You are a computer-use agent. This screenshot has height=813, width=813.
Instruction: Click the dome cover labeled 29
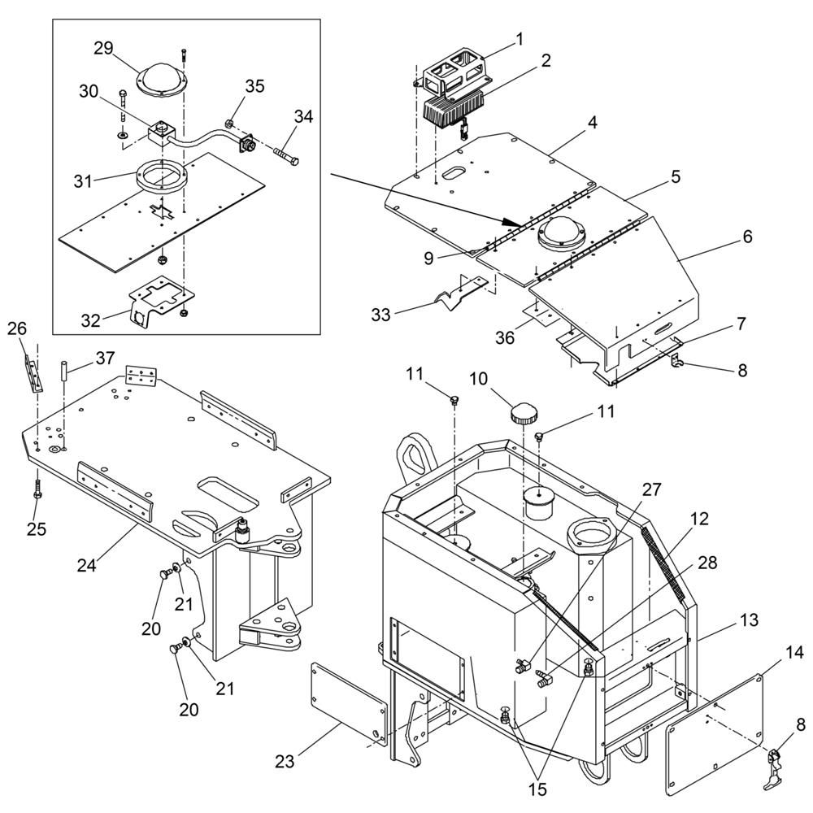161,79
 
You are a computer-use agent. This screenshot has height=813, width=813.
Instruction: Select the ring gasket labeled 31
161,177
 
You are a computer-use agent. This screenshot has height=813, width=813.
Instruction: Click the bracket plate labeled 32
161,300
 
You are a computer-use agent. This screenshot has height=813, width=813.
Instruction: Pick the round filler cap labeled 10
524,415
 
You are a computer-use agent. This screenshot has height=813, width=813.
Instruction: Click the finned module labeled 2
454,109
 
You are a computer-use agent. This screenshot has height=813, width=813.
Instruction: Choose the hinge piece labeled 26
34,374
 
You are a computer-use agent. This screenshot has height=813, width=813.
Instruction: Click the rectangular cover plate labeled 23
348,704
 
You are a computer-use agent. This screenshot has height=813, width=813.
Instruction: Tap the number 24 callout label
87,565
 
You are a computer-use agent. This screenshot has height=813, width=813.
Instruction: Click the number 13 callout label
750,620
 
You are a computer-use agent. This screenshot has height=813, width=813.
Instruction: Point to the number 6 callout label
747,237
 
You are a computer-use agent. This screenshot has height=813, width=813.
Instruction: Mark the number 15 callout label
537,789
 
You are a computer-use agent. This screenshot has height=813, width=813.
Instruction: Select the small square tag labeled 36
537,315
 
